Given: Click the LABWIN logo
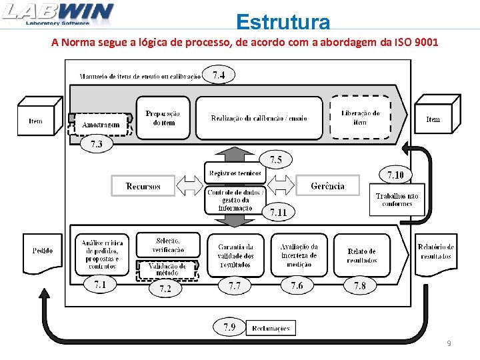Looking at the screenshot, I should point(58,14).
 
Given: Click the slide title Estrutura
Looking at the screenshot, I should point(283,22).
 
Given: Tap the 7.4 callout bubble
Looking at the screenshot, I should point(219,75).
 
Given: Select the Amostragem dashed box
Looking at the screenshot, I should point(101,125).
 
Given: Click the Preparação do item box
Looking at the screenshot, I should point(163,118).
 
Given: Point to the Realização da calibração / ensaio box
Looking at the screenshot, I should point(259,118).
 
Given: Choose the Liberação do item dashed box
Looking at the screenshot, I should point(360,118).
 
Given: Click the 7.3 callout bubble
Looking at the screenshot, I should point(96,144).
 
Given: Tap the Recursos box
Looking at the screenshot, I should point(143,186).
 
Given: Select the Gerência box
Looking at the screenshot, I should point(327,186).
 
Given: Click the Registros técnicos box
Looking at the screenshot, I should point(235,173).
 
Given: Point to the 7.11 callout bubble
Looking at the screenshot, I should point(278,213).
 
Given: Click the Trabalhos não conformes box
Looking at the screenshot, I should point(397,199).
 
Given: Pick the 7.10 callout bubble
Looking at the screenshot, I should point(395,175).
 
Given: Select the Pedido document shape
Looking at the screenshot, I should point(43,251).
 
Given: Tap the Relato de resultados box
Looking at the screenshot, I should point(361,255).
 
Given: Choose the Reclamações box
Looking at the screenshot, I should point(271,328).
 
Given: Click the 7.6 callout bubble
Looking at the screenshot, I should point(297,285).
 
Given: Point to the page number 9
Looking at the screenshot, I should point(449,343).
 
